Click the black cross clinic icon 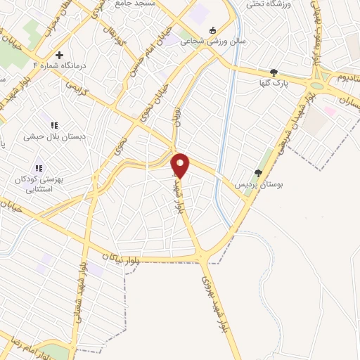coord(59,54)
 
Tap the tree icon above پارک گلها coord(274,72)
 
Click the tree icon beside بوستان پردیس coord(258,172)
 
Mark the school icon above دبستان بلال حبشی coord(54,125)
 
